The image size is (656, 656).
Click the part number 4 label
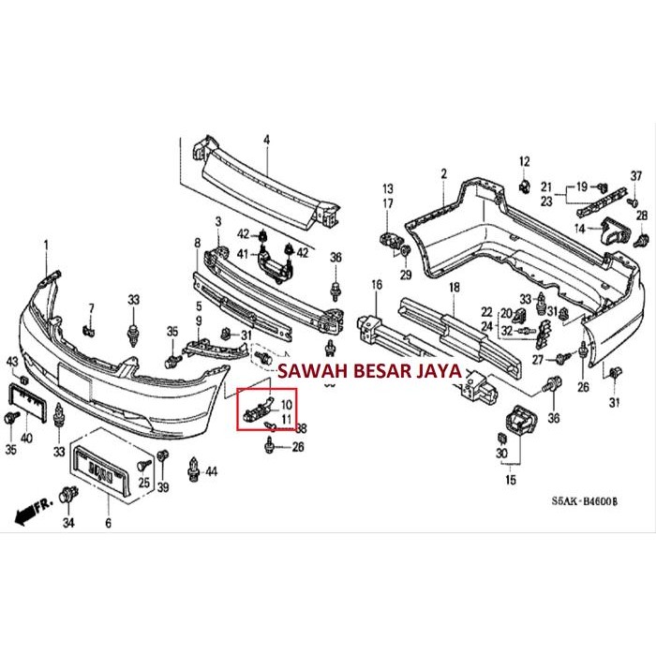click(x=265, y=141)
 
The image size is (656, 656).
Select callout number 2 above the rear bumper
click(x=444, y=174)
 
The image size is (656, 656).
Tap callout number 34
click(x=67, y=522)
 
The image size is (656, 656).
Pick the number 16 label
click(x=377, y=285)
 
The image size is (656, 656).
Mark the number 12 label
click(x=524, y=160)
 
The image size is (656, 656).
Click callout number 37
click(x=635, y=177)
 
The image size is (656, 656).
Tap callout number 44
click(x=210, y=470)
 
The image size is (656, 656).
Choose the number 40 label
click(x=26, y=437)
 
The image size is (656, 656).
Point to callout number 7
click(x=92, y=308)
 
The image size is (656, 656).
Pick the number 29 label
click(x=405, y=276)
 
